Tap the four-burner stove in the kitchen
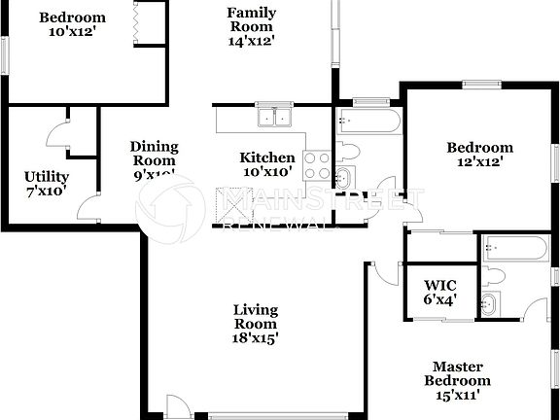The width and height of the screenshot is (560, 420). (x=317, y=165)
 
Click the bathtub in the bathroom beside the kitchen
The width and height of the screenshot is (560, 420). (x=367, y=123)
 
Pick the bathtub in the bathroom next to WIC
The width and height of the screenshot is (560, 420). (x=514, y=248)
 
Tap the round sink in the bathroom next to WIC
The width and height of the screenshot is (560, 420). (x=490, y=304)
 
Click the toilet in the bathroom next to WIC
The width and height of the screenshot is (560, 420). (x=495, y=276)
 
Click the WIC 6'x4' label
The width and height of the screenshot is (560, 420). (x=440, y=293)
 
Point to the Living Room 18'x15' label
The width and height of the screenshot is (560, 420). (x=256, y=325)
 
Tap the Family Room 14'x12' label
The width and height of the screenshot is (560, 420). (x=251, y=27)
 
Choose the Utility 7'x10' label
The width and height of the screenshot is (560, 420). (x=46, y=184)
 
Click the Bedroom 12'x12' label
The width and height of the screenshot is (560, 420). (x=479, y=155)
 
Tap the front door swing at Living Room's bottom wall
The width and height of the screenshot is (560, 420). (x=177, y=407)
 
